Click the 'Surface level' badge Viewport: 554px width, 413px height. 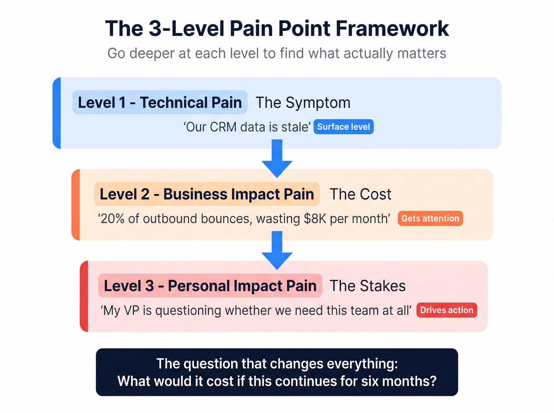click(x=343, y=127)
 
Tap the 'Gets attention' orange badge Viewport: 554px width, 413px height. click(x=430, y=219)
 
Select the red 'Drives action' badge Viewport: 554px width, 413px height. click(x=446, y=310)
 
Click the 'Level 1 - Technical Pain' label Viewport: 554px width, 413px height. click(x=160, y=102)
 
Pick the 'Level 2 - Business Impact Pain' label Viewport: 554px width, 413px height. click(x=207, y=194)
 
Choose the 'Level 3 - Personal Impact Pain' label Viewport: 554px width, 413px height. click(x=210, y=286)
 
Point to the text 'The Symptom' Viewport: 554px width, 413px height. click(x=303, y=103)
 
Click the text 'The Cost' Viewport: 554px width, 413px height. click(x=360, y=194)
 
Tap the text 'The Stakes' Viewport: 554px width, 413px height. click(x=368, y=286)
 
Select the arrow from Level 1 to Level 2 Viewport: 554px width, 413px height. click(x=277, y=158)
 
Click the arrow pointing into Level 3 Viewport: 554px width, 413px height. click(x=277, y=250)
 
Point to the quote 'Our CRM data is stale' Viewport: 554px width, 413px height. click(x=247, y=127)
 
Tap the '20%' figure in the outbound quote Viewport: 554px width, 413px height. click(x=113, y=219)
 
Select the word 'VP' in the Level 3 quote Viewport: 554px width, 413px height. click(x=131, y=311)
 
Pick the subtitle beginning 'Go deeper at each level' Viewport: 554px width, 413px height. click(x=277, y=53)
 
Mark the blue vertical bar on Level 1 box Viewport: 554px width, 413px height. click(x=57, y=113)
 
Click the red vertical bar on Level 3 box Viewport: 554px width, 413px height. click(x=84, y=296)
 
